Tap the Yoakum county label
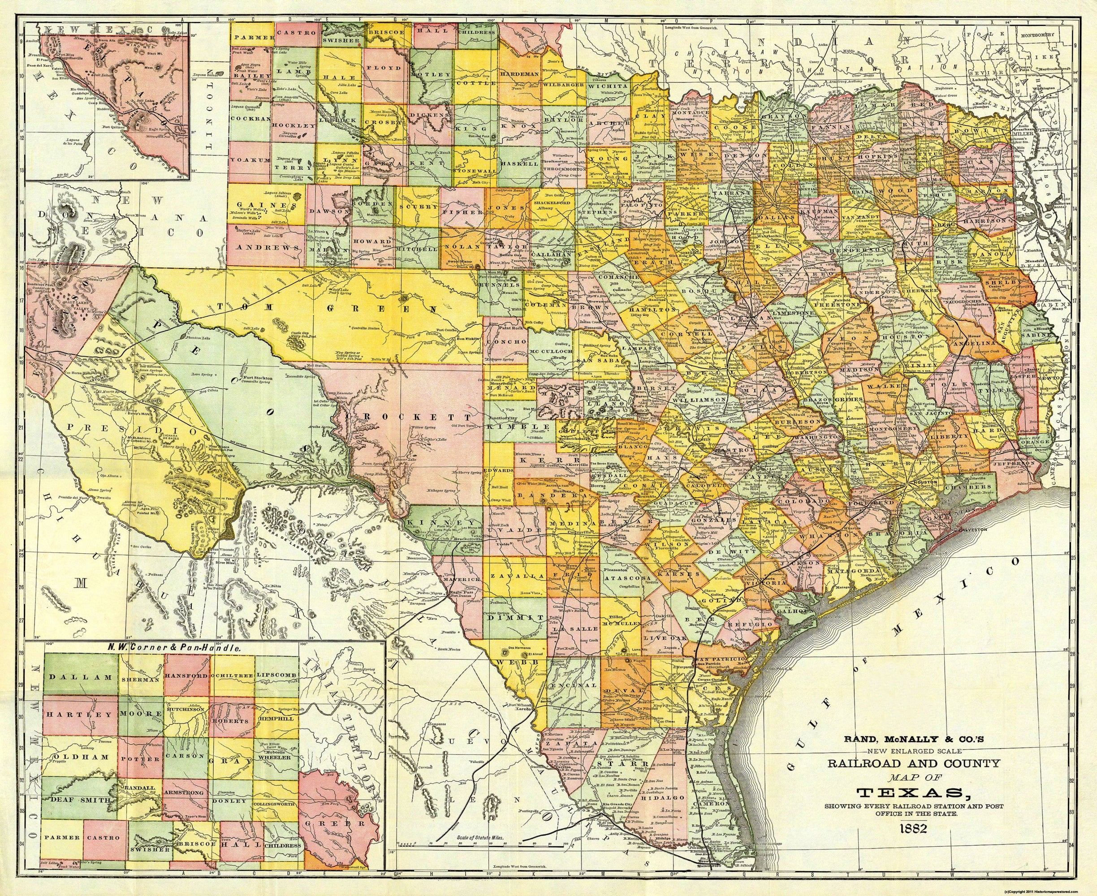(251, 160)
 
